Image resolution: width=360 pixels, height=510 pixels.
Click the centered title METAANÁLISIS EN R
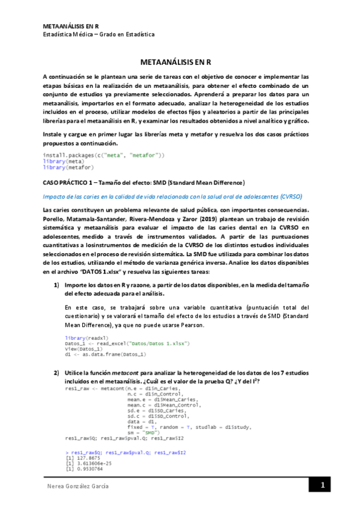pyautogui.click(x=180, y=62)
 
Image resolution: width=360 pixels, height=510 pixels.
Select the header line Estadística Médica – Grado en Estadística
pyautogui.click(x=99, y=34)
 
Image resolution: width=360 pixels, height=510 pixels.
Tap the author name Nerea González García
pyautogui.click(x=78, y=486)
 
